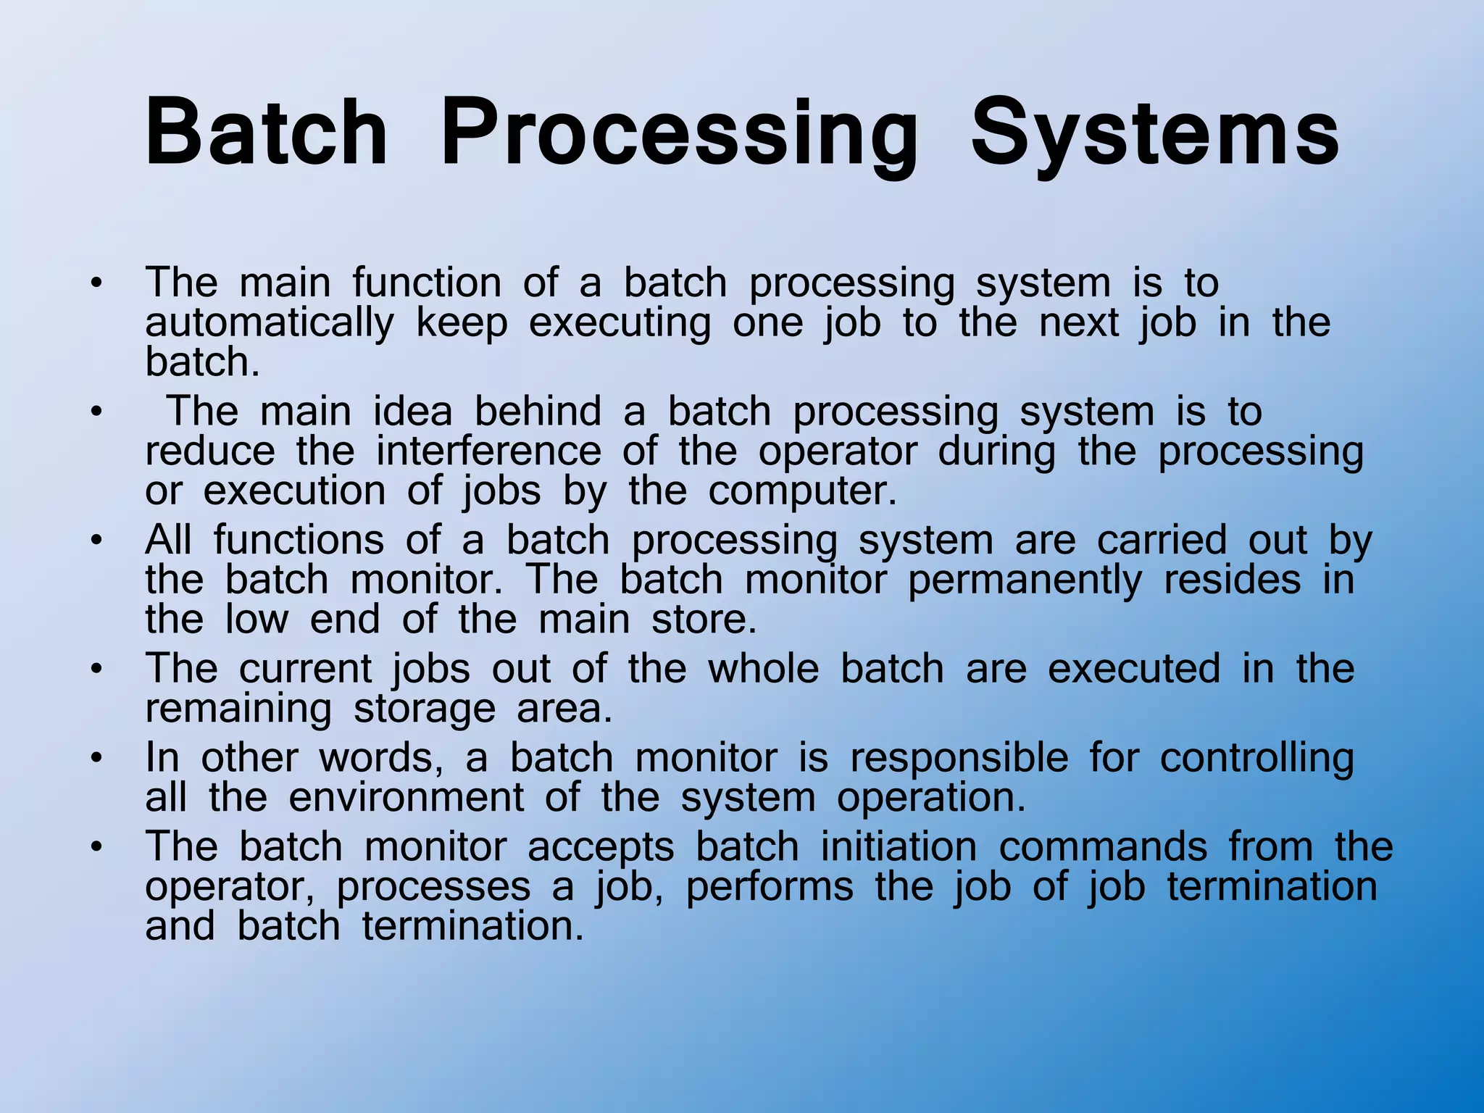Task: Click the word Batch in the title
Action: click(x=266, y=134)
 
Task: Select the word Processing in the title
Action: click(x=679, y=134)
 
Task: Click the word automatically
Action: click(x=270, y=322)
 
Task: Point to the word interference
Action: click(x=488, y=451)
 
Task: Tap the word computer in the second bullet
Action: click(x=802, y=491)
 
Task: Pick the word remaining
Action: click(x=238, y=708)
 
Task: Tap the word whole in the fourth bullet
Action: click(x=763, y=668)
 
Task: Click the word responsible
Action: click(x=959, y=757)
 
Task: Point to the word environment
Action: click(x=406, y=797)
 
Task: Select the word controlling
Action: click(x=1256, y=757)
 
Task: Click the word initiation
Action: click(x=899, y=846)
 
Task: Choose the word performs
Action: click(x=770, y=886)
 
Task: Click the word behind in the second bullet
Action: click(x=538, y=412)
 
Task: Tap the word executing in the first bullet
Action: click(x=620, y=322)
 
